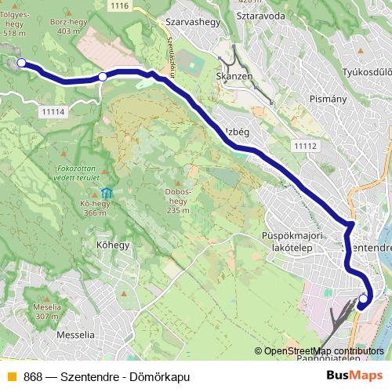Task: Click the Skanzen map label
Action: click(x=237, y=77)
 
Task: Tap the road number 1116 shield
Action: click(x=118, y=6)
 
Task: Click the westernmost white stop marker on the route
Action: click(x=21, y=64)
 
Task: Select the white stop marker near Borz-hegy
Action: click(x=103, y=77)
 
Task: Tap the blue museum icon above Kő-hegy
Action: click(x=107, y=194)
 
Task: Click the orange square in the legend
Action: click(x=11, y=377)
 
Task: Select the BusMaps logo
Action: click(x=354, y=376)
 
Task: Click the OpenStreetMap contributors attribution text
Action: click(x=323, y=351)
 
